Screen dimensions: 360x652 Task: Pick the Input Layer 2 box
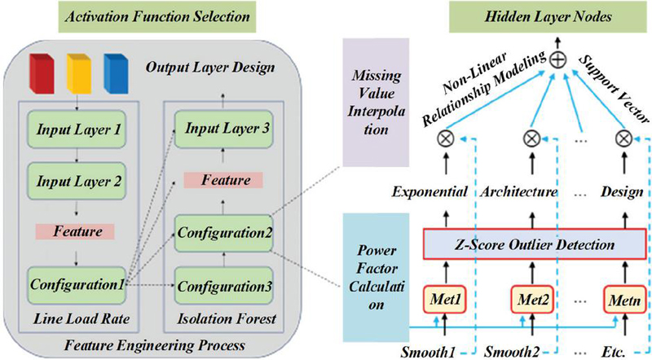[75, 179]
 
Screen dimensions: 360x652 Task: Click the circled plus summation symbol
[535, 59]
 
